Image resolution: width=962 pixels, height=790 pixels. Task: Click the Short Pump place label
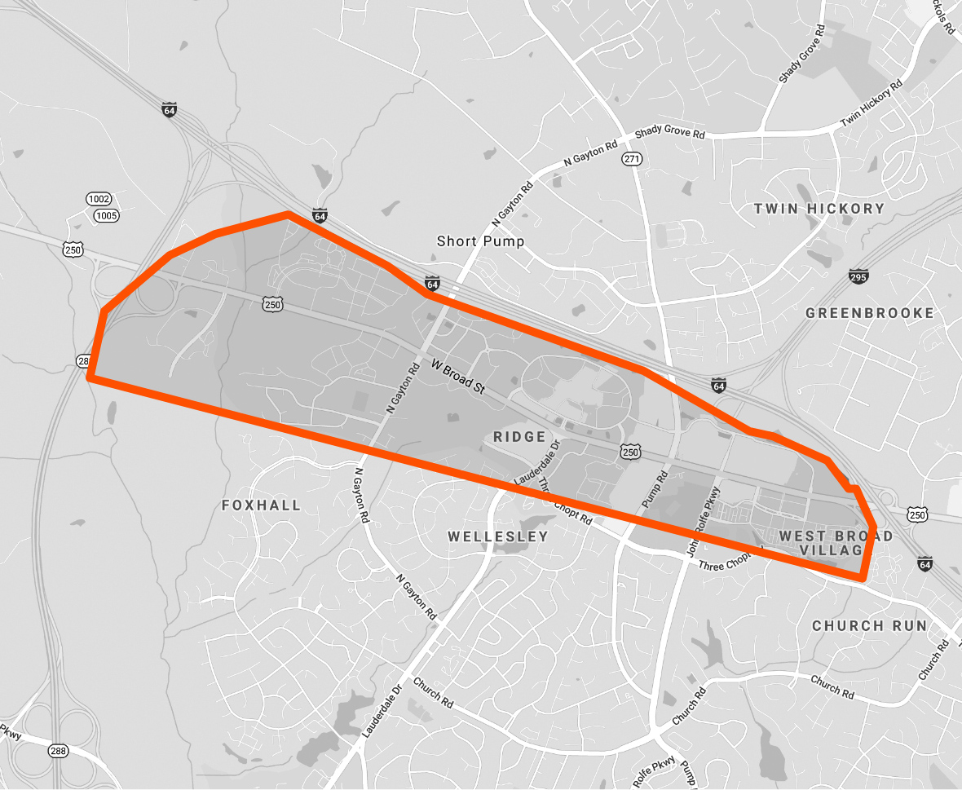[x=480, y=241]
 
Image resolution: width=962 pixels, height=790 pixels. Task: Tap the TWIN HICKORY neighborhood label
[x=819, y=209]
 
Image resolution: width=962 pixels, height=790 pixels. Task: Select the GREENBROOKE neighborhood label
[x=869, y=313]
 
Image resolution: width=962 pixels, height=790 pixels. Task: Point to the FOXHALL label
[x=261, y=505]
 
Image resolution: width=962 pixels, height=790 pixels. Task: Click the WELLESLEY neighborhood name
[x=497, y=536]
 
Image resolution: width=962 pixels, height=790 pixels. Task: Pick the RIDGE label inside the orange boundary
[x=519, y=437]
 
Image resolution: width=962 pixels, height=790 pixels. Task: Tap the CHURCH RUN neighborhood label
[x=869, y=626]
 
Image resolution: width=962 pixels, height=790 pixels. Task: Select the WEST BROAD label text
[x=835, y=536]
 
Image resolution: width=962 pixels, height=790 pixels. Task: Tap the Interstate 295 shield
[x=858, y=276]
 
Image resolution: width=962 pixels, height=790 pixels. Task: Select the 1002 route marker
[x=99, y=200]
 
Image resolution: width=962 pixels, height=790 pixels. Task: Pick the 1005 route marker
[x=106, y=215]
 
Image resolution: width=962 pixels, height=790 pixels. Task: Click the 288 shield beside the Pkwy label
[x=56, y=751]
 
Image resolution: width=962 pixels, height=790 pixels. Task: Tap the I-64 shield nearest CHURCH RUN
[x=924, y=563]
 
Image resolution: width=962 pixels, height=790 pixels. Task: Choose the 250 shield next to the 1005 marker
[x=73, y=249]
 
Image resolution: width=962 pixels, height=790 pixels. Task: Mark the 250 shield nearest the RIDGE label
[x=629, y=451]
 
